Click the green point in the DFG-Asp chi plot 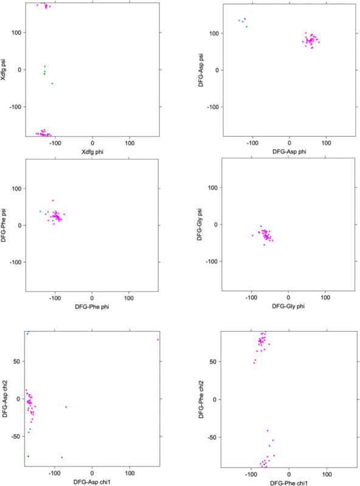(28, 456)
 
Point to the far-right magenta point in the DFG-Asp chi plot (158, 339)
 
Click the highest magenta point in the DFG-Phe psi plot (53, 201)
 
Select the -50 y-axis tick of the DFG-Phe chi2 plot (214, 437)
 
